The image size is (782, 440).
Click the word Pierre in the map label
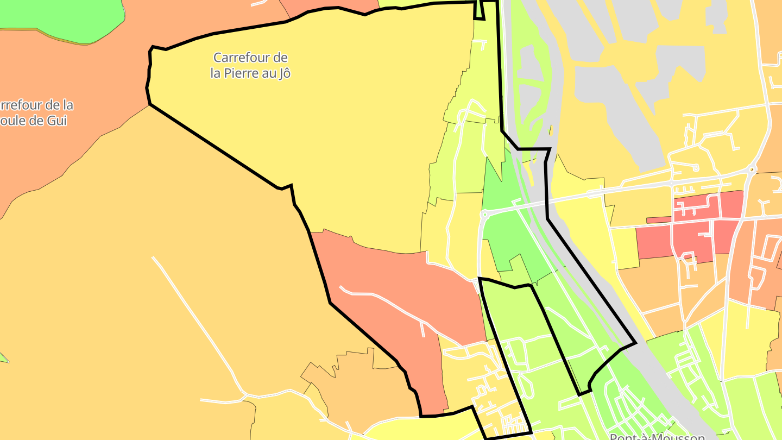pos(239,73)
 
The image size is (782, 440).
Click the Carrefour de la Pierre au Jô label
pos(250,65)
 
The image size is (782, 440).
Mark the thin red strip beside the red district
pos(659,220)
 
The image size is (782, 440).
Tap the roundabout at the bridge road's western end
pos(483,215)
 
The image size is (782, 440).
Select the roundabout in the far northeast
pos(752,169)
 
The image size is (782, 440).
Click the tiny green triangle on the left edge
pos(3,357)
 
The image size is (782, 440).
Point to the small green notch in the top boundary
pos(479,10)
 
